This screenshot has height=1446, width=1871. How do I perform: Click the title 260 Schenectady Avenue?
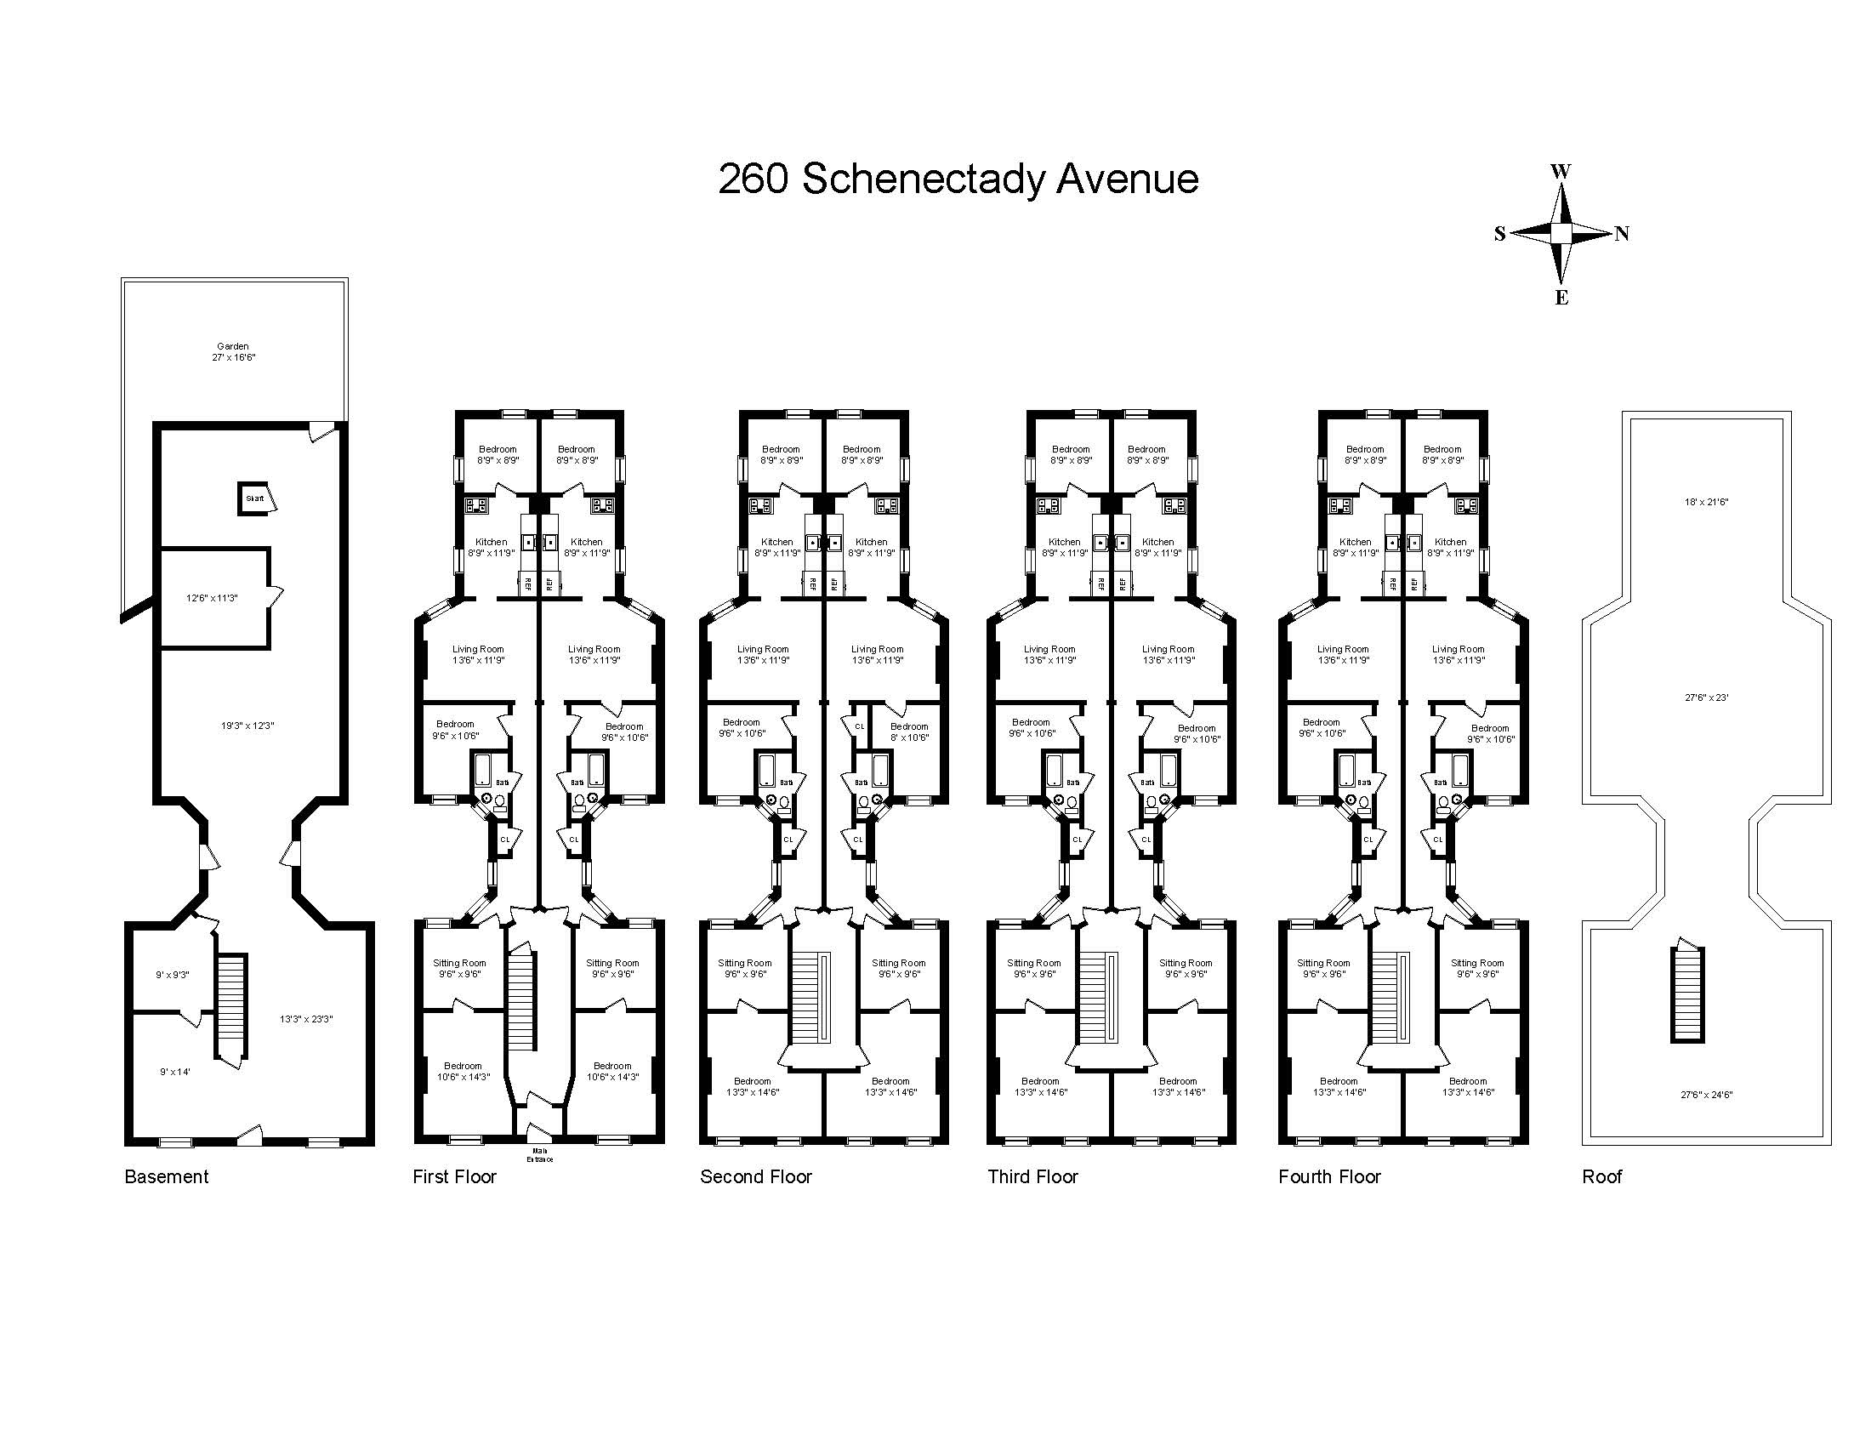[x=958, y=179]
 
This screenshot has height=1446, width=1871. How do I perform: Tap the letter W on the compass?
[x=1561, y=171]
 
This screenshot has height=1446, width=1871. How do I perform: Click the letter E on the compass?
[x=1561, y=298]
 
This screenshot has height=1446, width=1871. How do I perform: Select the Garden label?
[x=233, y=351]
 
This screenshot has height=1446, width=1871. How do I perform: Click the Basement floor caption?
[x=166, y=1177]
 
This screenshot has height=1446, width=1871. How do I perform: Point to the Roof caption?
[x=1602, y=1177]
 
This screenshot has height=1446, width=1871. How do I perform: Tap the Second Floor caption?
[x=755, y=1177]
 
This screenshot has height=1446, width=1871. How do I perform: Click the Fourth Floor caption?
[x=1329, y=1177]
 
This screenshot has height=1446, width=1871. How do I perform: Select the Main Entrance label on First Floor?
[x=540, y=1155]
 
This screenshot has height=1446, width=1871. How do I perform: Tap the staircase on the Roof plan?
[x=1687, y=993]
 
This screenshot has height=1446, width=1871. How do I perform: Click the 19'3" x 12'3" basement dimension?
[x=247, y=726]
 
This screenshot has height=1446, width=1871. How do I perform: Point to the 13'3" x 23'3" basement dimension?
[x=306, y=1019]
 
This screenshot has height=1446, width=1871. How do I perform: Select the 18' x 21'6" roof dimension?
[x=1706, y=502]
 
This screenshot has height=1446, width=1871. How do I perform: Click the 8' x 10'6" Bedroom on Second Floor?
[x=909, y=732]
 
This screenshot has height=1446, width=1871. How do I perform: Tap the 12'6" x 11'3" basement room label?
[x=212, y=598]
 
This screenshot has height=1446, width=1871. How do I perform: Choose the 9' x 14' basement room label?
[x=174, y=1072]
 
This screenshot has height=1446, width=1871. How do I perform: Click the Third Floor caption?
[x=1032, y=1177]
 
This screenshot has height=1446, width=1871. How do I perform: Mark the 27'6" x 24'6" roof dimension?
[x=1706, y=1095]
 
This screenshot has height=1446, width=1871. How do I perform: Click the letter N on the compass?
[x=1622, y=234]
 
